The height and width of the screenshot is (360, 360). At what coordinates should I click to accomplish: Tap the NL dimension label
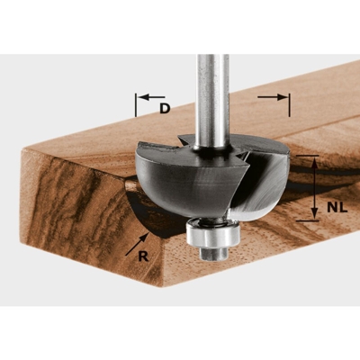pyautogui.click(x=335, y=205)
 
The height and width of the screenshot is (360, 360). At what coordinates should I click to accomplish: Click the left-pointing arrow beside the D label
pyautogui.click(x=149, y=95)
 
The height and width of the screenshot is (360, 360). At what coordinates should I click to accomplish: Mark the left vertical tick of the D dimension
pyautogui.click(x=137, y=103)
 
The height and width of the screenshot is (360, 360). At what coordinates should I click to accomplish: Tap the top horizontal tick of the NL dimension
pyautogui.click(x=309, y=157)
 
